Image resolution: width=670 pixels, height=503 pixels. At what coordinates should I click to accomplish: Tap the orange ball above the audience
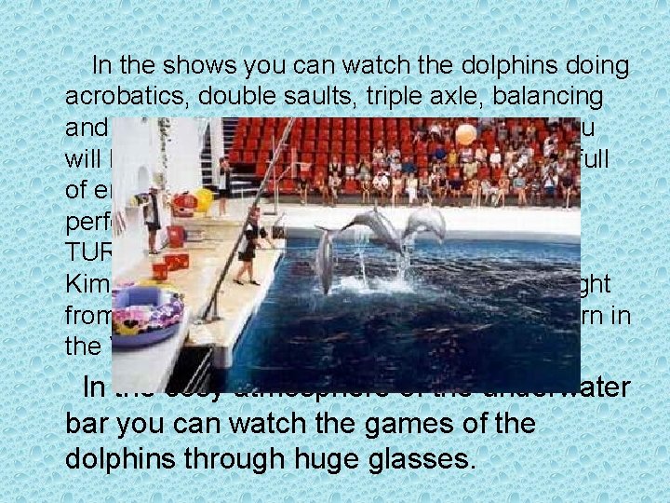(465, 134)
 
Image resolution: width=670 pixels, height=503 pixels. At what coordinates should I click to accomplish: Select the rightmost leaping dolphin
(424, 223)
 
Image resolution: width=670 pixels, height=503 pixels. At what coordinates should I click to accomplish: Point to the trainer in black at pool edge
(250, 246)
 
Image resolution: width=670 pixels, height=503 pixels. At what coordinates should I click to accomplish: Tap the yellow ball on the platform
(204, 198)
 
